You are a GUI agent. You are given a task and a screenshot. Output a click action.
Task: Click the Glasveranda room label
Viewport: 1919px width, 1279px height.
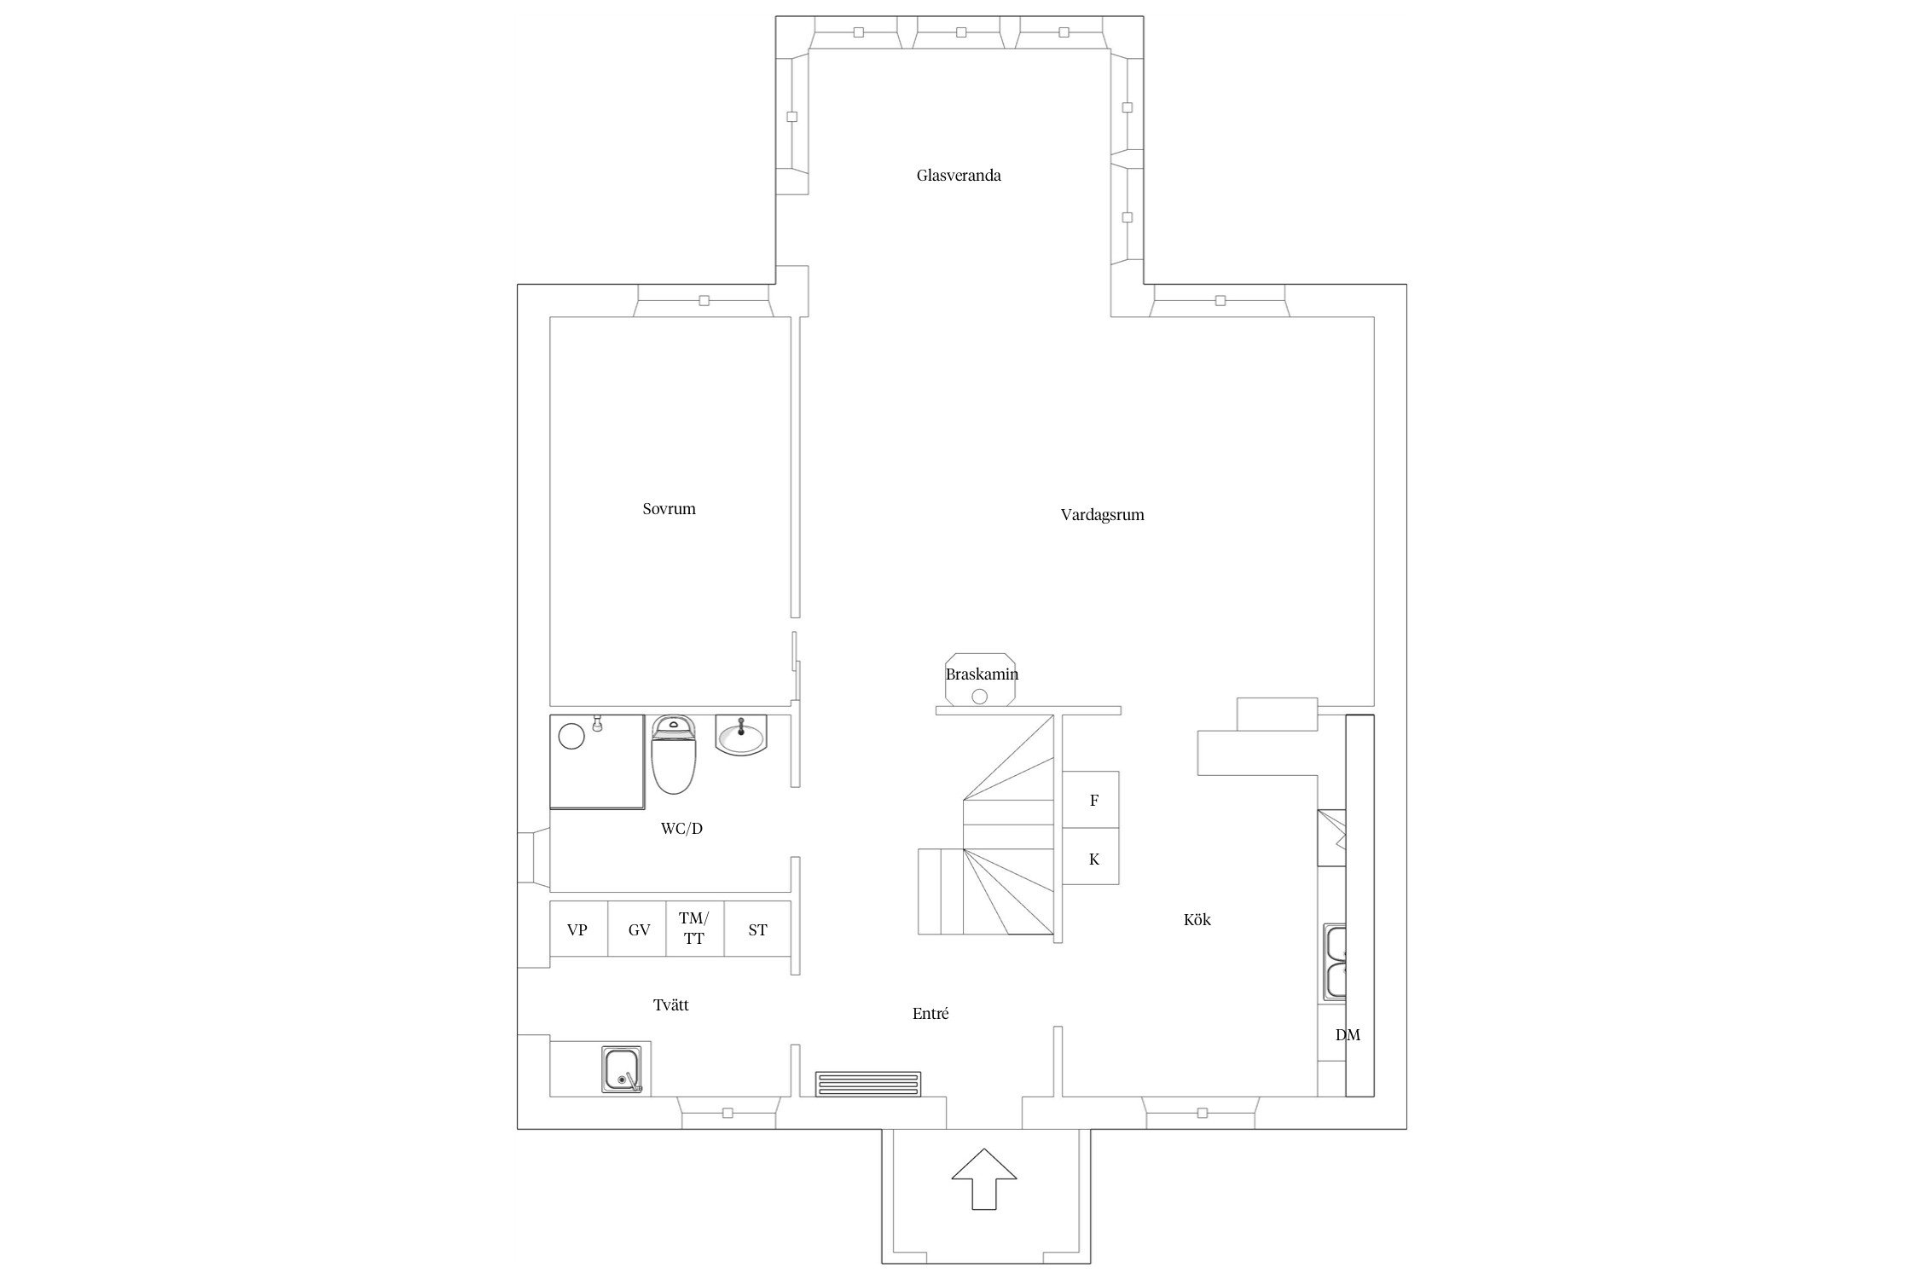(x=959, y=176)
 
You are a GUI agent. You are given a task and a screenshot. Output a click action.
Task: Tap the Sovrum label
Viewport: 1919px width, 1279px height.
(x=669, y=509)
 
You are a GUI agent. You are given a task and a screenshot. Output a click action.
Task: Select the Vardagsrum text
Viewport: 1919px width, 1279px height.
(x=1102, y=515)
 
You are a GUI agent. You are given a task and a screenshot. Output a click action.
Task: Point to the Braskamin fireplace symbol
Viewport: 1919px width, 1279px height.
(x=979, y=680)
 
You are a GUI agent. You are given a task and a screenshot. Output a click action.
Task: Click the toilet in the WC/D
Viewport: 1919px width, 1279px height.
(x=674, y=754)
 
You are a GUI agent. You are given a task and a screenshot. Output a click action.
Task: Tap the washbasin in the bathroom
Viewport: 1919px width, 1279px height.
(x=742, y=735)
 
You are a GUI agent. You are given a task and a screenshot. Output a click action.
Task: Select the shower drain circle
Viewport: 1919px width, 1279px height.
(x=571, y=735)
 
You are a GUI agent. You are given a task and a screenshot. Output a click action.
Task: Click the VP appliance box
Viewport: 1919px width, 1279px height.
(x=578, y=929)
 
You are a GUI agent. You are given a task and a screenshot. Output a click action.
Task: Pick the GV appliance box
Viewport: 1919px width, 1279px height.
(x=637, y=929)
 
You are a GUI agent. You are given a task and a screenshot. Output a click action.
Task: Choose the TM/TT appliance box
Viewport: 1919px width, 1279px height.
(x=695, y=929)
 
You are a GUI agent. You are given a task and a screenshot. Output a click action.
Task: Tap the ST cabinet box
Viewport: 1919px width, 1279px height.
(x=757, y=929)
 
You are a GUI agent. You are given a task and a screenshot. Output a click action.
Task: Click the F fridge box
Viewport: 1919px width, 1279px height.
(x=1091, y=800)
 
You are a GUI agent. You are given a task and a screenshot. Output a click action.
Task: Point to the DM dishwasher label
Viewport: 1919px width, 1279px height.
(x=1348, y=1035)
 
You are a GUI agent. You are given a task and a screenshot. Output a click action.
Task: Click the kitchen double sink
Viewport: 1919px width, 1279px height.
(x=1335, y=961)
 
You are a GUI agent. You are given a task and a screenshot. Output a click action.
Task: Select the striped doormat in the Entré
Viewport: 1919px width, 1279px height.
(x=868, y=1084)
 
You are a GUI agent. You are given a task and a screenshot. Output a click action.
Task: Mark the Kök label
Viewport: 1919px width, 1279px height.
(x=1197, y=920)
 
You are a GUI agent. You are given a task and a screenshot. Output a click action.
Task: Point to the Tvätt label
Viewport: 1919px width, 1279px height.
(x=671, y=1005)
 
